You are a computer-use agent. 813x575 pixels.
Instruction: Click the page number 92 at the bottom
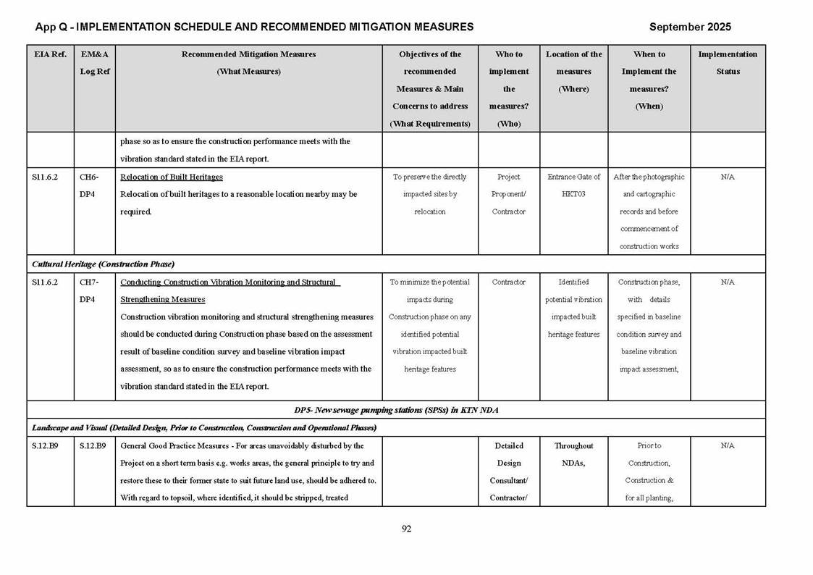click(x=406, y=529)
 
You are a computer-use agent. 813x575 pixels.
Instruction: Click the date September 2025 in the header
click(x=690, y=27)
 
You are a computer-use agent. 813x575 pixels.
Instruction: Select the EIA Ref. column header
click(x=50, y=54)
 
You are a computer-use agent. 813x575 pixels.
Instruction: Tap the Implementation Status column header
click(x=728, y=63)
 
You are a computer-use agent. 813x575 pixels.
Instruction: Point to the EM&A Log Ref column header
click(x=94, y=63)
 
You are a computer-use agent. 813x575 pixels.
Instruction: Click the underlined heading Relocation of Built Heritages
click(x=172, y=177)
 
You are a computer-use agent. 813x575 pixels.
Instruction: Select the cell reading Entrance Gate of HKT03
click(x=573, y=185)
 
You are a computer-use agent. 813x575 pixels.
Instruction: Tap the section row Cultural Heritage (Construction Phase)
click(x=103, y=264)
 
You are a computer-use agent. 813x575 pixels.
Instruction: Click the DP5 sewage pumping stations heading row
click(x=396, y=410)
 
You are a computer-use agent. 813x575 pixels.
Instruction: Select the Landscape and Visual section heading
click(x=204, y=427)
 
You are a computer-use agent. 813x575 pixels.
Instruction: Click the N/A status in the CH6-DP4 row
click(x=728, y=177)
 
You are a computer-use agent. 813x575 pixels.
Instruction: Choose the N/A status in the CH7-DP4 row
click(x=728, y=282)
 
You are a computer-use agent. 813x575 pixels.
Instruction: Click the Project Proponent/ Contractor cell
click(x=509, y=194)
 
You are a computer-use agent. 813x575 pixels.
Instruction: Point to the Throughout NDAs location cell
click(x=573, y=455)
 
